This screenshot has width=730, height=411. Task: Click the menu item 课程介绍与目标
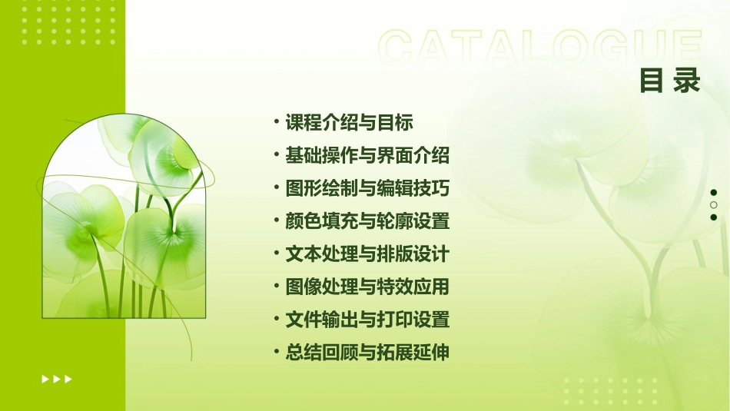pos(349,123)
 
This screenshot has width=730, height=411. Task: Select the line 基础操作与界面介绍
pos(367,156)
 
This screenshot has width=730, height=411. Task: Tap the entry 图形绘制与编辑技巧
pos(367,189)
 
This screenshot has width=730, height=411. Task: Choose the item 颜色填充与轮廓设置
pos(367,222)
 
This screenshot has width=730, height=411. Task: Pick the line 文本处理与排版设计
pos(367,254)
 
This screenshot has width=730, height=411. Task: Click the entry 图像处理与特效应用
pos(367,287)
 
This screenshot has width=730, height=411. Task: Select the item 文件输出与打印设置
pos(367,320)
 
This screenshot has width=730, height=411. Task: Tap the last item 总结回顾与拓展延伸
pos(367,353)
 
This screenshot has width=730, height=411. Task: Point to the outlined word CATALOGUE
pos(540,48)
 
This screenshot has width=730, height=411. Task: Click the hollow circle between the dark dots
pos(713,205)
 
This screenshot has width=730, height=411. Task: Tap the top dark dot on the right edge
pos(713,193)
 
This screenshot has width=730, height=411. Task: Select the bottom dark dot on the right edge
pos(713,217)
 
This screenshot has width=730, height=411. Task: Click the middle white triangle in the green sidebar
pos(57,379)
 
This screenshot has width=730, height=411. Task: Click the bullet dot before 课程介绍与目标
pos(276,122)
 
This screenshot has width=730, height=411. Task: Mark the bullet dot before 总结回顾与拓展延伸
pos(276,353)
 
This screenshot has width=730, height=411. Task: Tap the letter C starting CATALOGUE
pos(398,48)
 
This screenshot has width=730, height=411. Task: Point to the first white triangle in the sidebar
pos(45,379)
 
